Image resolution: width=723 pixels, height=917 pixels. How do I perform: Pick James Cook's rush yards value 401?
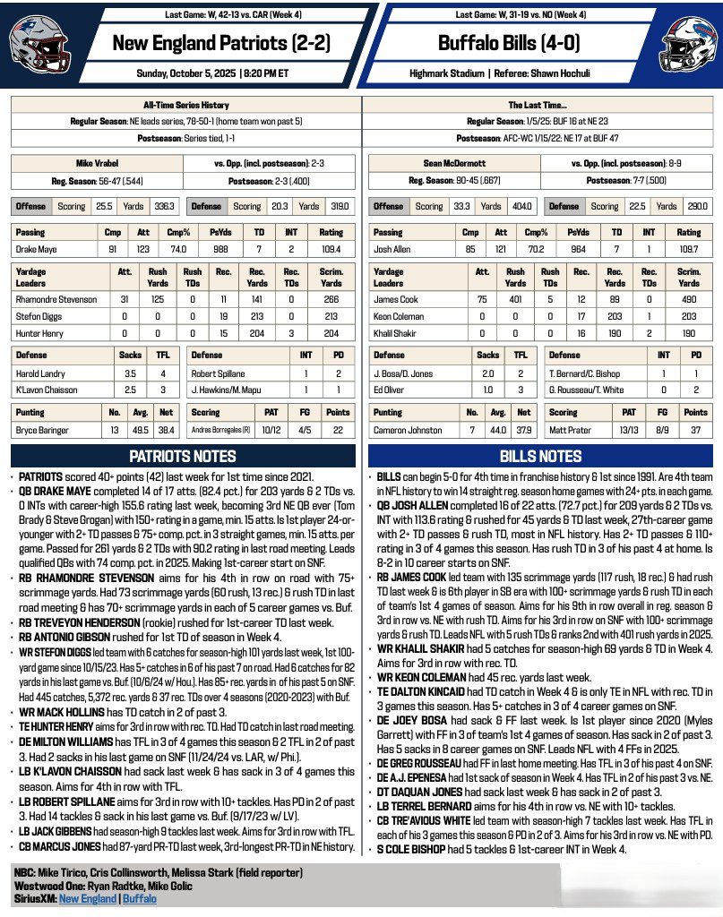pos(515,299)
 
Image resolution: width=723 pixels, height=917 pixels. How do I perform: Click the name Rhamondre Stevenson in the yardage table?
pos(56,299)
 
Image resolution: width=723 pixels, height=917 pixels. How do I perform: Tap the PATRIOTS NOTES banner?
pos(182,456)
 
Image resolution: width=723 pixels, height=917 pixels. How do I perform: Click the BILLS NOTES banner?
pos(540,456)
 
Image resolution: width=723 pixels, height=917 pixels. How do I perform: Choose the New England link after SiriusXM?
pos(88,898)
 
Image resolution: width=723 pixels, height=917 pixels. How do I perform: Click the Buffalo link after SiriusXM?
pos(139,898)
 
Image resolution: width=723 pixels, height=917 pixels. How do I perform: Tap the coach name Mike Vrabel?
pos(96,165)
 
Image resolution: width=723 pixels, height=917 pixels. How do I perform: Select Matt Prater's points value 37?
pos(695,430)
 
